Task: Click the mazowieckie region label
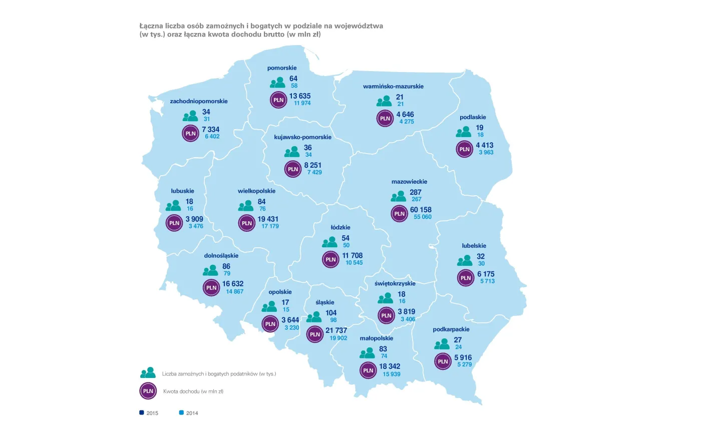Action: [409, 182]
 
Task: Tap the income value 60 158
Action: [421, 209]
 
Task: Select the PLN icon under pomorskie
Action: [278, 100]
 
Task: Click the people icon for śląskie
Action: [314, 316]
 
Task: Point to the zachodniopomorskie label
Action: [199, 101]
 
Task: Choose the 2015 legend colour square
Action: [142, 413]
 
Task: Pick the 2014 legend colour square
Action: [181, 413]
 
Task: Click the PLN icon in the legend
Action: [148, 391]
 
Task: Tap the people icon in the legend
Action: [148, 373]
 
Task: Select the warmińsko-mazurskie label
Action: [393, 86]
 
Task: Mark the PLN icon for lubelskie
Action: [466, 278]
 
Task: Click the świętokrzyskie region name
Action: [395, 283]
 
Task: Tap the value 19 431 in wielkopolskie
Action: [268, 219]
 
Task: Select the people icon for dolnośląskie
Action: [210, 270]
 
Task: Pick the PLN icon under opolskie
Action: [270, 324]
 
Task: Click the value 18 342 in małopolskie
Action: [389, 367]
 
